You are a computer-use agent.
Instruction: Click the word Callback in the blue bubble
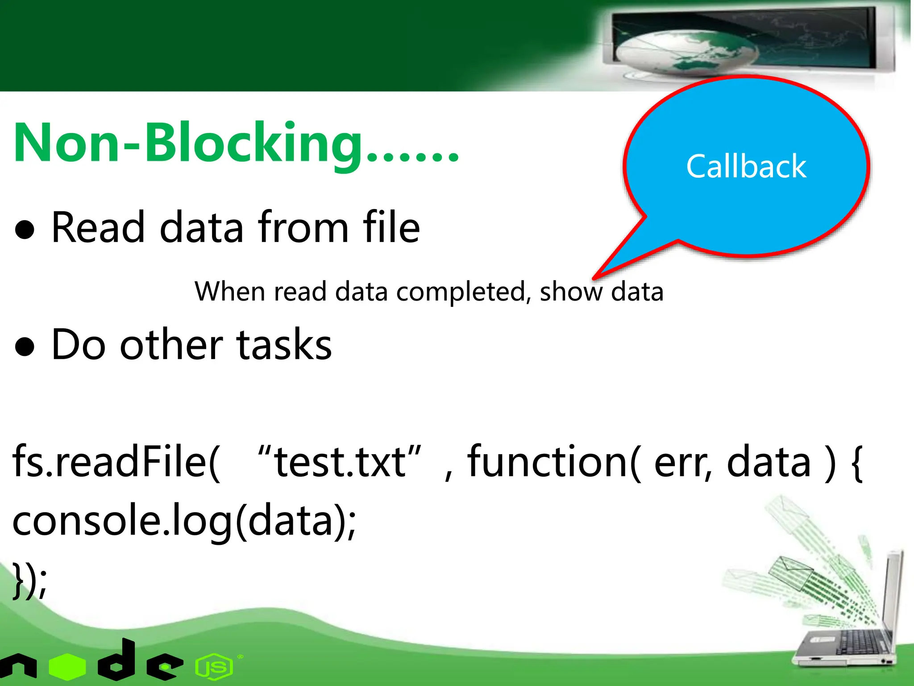pyautogui.click(x=746, y=166)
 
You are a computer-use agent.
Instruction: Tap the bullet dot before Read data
pyautogui.click(x=25, y=230)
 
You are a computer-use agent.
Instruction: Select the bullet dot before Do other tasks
pyautogui.click(x=25, y=347)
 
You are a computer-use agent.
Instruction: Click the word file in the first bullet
pyautogui.click(x=391, y=228)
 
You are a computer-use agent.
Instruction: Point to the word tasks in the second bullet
pyautogui.click(x=284, y=345)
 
